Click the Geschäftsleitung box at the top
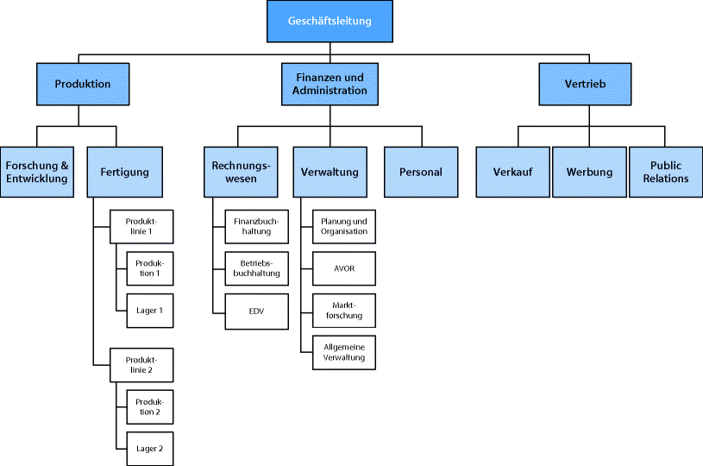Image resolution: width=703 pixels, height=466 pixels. coord(330,21)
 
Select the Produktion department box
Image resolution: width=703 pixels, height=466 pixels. coord(83,85)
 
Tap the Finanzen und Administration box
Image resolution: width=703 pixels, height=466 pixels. coord(330,85)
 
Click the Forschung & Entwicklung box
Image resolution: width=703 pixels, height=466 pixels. coord(36,172)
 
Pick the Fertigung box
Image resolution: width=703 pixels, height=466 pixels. coord(124,172)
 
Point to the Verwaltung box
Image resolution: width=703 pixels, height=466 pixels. coord(330,172)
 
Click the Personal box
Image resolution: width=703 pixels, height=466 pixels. coord(421,172)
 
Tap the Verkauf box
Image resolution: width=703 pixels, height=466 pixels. coord(512,172)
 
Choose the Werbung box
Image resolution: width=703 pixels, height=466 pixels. coord(589,172)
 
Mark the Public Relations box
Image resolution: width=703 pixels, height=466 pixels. coord(665,172)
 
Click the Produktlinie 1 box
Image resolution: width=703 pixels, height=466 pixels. coord(142,226)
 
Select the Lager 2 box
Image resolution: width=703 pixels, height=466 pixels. coord(149,449)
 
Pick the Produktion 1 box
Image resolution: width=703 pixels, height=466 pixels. coord(149,268)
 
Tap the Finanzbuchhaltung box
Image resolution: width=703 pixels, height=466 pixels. coord(256,226)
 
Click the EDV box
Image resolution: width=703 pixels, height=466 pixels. coord(256,311)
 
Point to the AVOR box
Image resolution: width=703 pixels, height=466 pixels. coord(344,268)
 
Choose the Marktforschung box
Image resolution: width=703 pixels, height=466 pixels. coord(344,311)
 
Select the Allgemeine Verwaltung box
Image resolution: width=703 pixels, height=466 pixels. coord(344,352)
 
